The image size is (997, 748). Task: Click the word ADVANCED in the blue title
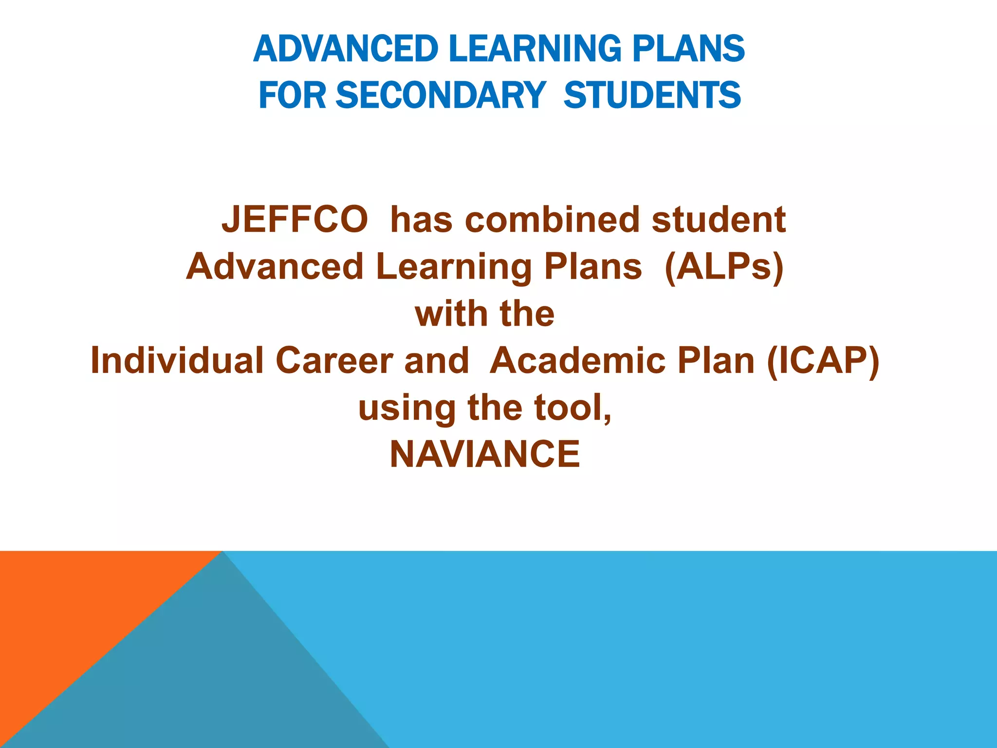click(x=346, y=49)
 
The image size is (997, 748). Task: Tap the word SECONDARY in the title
click(x=441, y=95)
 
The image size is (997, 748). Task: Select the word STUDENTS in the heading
click(x=652, y=95)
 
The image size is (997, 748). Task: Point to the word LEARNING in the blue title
click(x=535, y=49)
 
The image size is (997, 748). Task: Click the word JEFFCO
click(x=295, y=220)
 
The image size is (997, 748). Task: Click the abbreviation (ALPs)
click(x=724, y=267)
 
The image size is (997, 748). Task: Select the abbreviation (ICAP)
click(x=823, y=361)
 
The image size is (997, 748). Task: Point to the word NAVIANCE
click(x=485, y=454)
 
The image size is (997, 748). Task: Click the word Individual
click(x=177, y=361)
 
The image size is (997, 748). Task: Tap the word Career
click(x=334, y=361)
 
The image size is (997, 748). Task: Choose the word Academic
click(x=577, y=361)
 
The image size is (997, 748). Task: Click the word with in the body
click(x=448, y=314)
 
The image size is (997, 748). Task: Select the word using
click(x=406, y=408)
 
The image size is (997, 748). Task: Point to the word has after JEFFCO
click(x=421, y=220)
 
